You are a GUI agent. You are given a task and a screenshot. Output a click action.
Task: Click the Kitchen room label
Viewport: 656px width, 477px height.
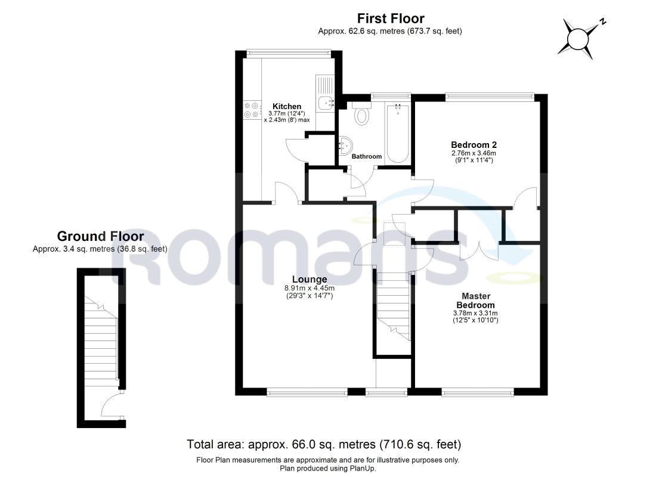tap(287, 106)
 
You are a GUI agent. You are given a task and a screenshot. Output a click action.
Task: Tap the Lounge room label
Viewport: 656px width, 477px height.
tap(310, 280)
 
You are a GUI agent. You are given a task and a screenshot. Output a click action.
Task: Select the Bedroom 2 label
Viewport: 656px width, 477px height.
tap(474, 145)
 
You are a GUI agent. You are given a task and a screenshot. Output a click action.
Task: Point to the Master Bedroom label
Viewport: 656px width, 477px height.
tap(476, 301)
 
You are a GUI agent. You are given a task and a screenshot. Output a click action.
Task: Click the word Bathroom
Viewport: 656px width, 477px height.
tap(367, 156)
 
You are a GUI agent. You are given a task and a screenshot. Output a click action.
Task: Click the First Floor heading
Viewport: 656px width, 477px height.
tap(391, 18)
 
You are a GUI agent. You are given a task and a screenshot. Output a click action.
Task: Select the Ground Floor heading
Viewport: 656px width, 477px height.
tap(100, 236)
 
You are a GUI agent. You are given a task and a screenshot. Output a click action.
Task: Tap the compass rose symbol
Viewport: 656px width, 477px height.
tap(581, 39)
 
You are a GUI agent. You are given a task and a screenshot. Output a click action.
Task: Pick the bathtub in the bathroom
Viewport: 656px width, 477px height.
tap(397, 133)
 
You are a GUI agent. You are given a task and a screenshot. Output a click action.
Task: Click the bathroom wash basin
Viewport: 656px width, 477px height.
tap(345, 145)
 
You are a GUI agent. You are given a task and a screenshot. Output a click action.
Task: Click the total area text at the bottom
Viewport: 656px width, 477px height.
tap(324, 444)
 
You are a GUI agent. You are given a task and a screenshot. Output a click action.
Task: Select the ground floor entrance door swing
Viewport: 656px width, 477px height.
tap(111, 405)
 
